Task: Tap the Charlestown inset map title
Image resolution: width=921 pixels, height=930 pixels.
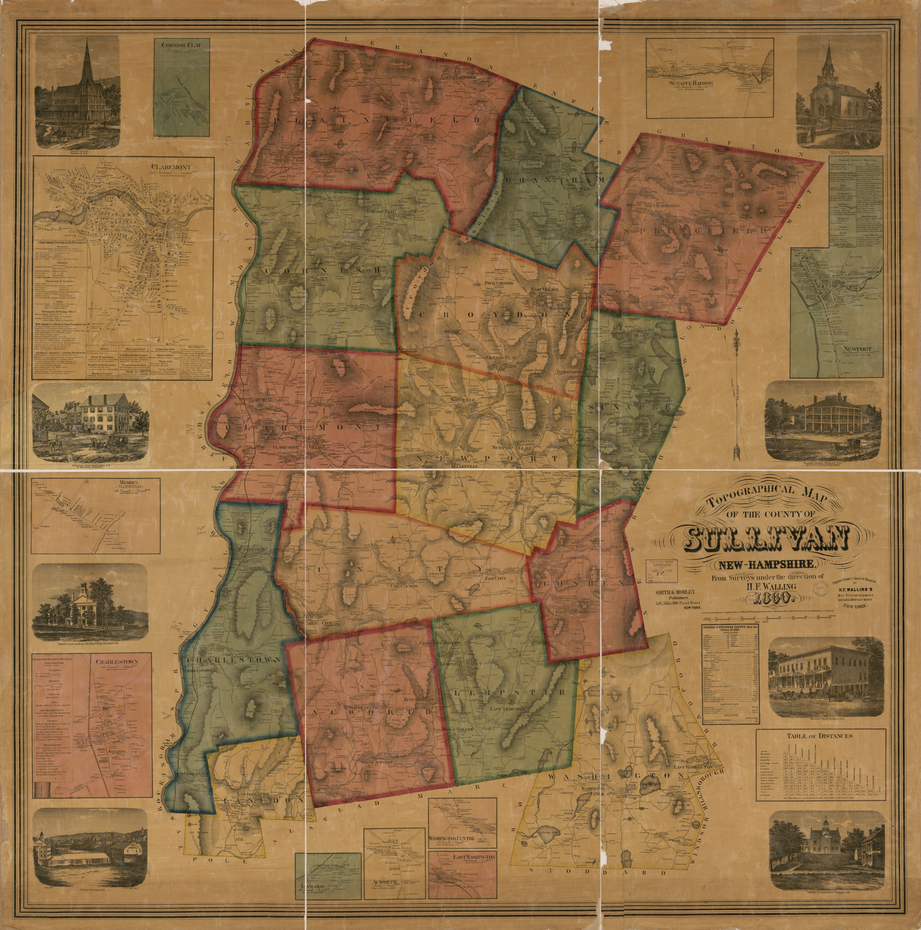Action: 117,661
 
